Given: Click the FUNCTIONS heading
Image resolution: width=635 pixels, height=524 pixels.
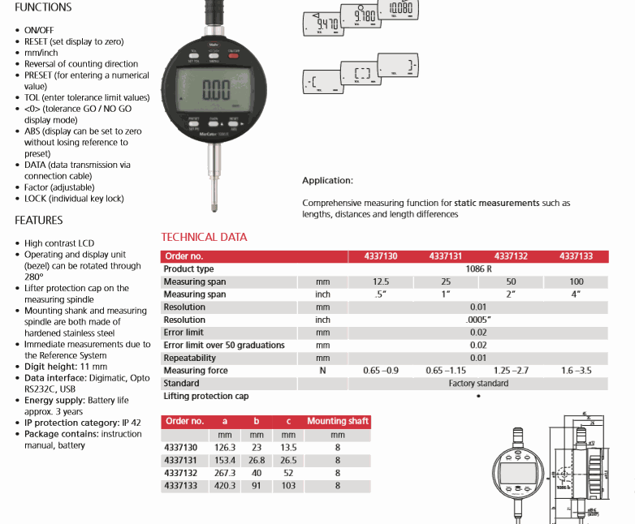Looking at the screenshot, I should point(43,7).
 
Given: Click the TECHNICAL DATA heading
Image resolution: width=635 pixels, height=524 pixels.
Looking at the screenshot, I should point(204,238).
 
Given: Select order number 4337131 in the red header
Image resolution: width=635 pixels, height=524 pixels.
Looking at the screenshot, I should point(445,256).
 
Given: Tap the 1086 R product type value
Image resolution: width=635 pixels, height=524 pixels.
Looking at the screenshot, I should point(477,269).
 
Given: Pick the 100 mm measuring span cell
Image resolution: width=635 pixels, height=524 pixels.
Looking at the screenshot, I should point(576,282).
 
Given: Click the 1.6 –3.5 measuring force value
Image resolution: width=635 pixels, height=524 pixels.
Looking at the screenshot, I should point(576,371).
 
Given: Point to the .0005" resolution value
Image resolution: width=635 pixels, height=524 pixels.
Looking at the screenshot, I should point(477,320).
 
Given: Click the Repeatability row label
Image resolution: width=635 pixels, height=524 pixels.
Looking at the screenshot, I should point(190,358).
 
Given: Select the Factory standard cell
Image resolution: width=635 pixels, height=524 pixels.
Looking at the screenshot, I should point(477,384).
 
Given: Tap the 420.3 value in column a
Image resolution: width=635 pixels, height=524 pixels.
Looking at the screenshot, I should point(224,485).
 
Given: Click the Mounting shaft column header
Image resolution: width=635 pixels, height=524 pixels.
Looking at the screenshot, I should point(338,422).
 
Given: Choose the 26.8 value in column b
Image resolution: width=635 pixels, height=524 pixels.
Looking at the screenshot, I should point(257,460).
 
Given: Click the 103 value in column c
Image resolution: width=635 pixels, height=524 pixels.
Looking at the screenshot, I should point(288,485).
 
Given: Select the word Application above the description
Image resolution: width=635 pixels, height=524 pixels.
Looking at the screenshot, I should point(327,180).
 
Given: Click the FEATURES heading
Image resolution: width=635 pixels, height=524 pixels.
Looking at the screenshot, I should point(38,221).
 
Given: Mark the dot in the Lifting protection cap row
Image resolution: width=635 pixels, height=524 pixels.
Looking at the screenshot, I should point(478,397).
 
